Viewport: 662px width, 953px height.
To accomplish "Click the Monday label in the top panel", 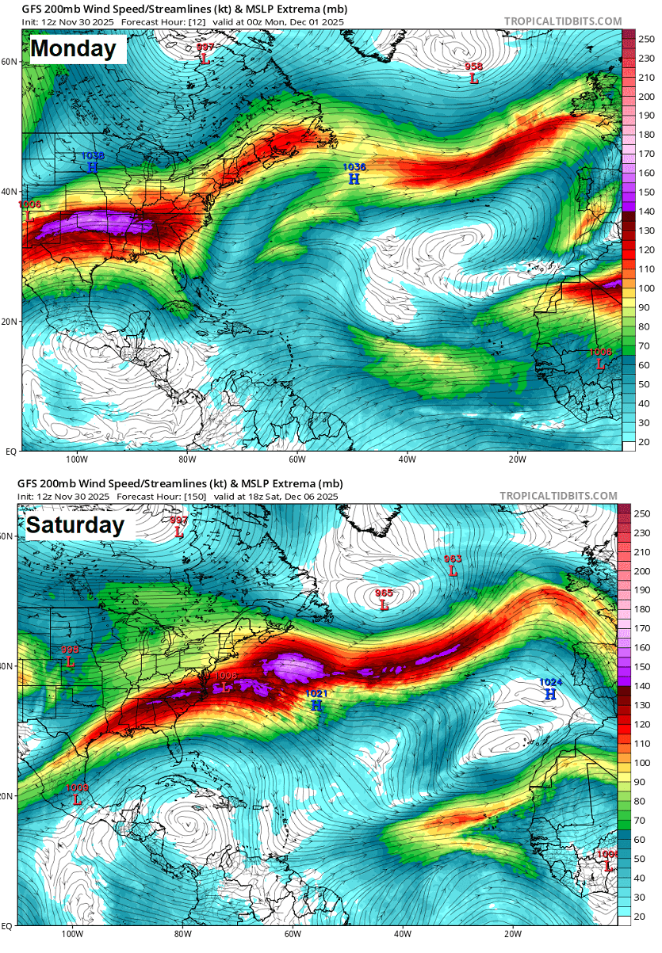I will (x=73, y=49).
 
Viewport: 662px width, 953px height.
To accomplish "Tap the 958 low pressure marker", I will (x=474, y=74).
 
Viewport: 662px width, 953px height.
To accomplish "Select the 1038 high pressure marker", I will (x=93, y=163).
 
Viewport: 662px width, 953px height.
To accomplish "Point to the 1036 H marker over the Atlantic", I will (x=354, y=174).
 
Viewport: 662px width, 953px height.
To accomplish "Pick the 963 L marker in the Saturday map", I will (x=453, y=566).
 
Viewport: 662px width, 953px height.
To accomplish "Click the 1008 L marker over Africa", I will (x=601, y=359).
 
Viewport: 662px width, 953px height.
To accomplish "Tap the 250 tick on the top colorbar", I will (x=645, y=38).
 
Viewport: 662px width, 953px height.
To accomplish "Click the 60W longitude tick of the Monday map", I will (x=297, y=459).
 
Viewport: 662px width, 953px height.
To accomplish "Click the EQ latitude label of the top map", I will (x=11, y=451).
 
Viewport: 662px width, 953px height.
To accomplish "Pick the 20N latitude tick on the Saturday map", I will (x=10, y=795).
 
